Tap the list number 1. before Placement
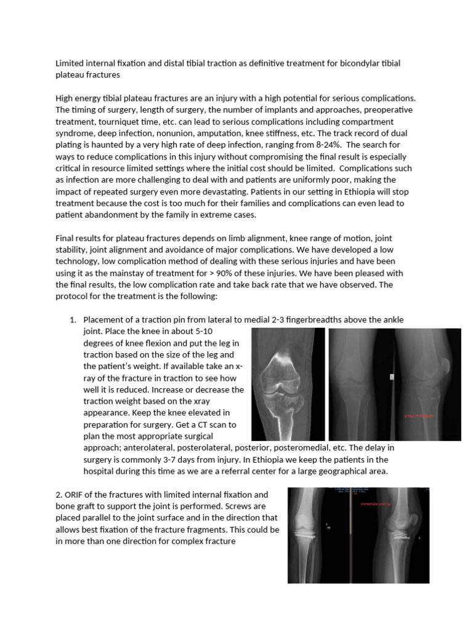click(x=73, y=319)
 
